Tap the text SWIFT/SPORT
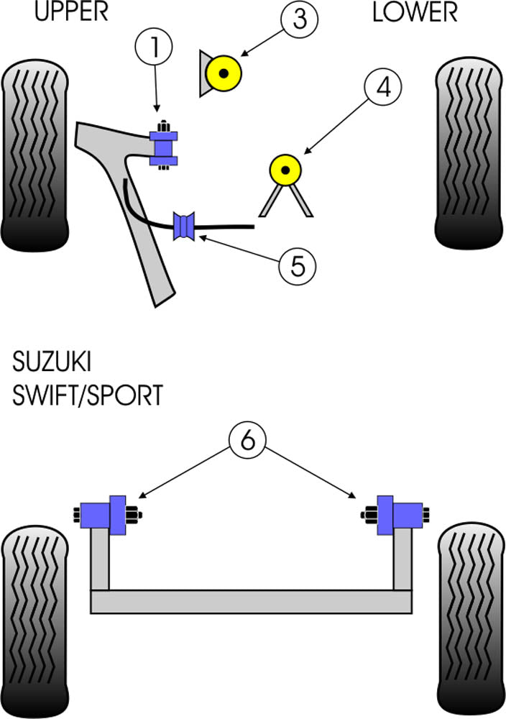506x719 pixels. click(x=87, y=395)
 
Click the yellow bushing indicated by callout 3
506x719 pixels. click(x=224, y=73)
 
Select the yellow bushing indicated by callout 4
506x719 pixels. click(x=285, y=170)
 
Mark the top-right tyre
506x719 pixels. click(x=468, y=155)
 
